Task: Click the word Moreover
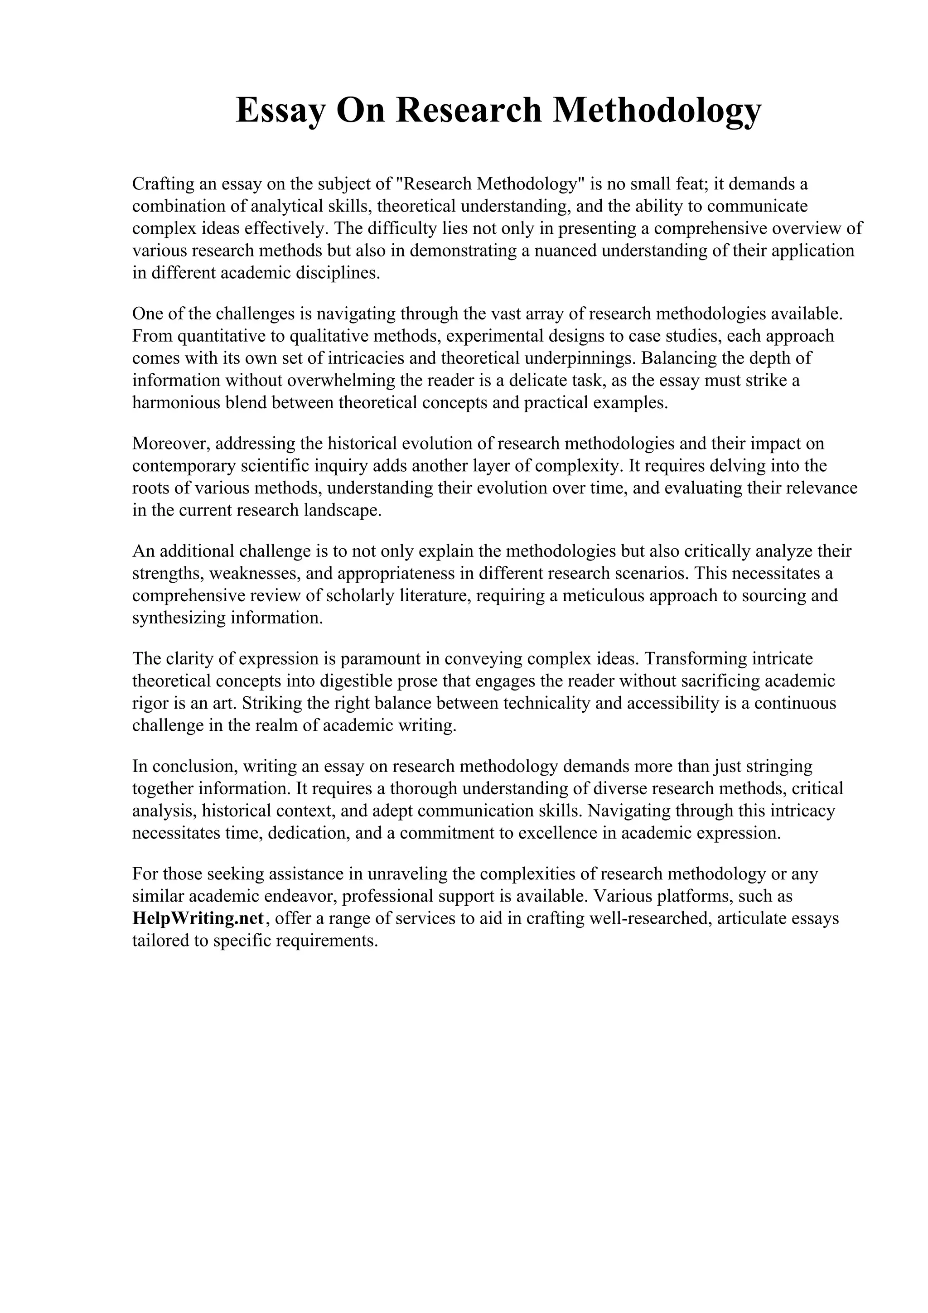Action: (x=170, y=444)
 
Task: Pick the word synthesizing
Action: (x=178, y=618)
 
